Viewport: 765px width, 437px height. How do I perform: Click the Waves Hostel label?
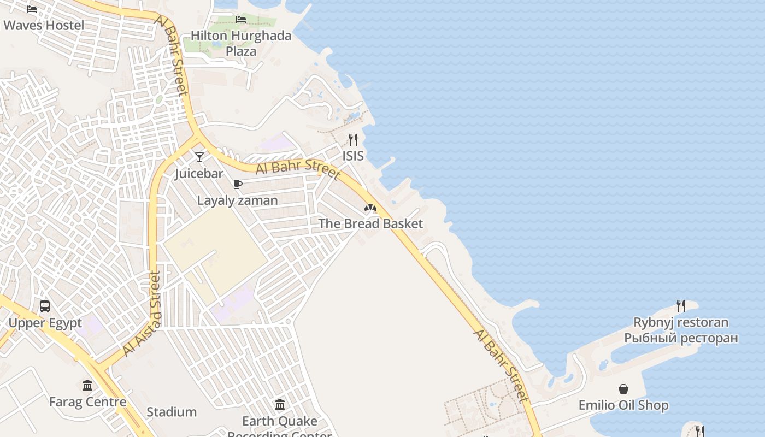[44, 25]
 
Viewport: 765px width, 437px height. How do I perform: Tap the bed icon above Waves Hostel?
[32, 9]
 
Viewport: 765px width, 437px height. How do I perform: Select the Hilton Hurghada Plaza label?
[241, 43]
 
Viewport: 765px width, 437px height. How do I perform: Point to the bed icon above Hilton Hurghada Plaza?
[241, 20]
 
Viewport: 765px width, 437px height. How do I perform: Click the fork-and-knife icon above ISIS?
[353, 140]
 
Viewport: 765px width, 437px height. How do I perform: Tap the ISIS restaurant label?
[353, 156]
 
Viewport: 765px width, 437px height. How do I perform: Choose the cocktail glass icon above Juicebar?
[199, 157]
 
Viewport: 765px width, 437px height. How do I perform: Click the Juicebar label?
[199, 174]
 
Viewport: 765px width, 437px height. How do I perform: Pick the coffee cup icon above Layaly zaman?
[237, 184]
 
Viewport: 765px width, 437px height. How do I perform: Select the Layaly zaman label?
[237, 200]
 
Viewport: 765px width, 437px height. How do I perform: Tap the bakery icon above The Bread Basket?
[370, 208]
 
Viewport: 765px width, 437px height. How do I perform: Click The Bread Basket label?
[370, 223]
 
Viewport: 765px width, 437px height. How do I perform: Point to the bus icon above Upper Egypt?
[45, 306]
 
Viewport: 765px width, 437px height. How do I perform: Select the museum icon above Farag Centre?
[87, 386]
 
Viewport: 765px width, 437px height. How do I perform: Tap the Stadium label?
[172, 412]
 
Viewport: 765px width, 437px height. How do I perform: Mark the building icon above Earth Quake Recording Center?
[280, 405]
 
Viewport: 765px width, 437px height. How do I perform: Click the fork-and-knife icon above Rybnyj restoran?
[681, 306]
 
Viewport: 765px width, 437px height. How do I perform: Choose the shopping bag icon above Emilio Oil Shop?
[623, 389]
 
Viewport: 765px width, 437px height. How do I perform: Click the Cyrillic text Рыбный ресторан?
[681, 338]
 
